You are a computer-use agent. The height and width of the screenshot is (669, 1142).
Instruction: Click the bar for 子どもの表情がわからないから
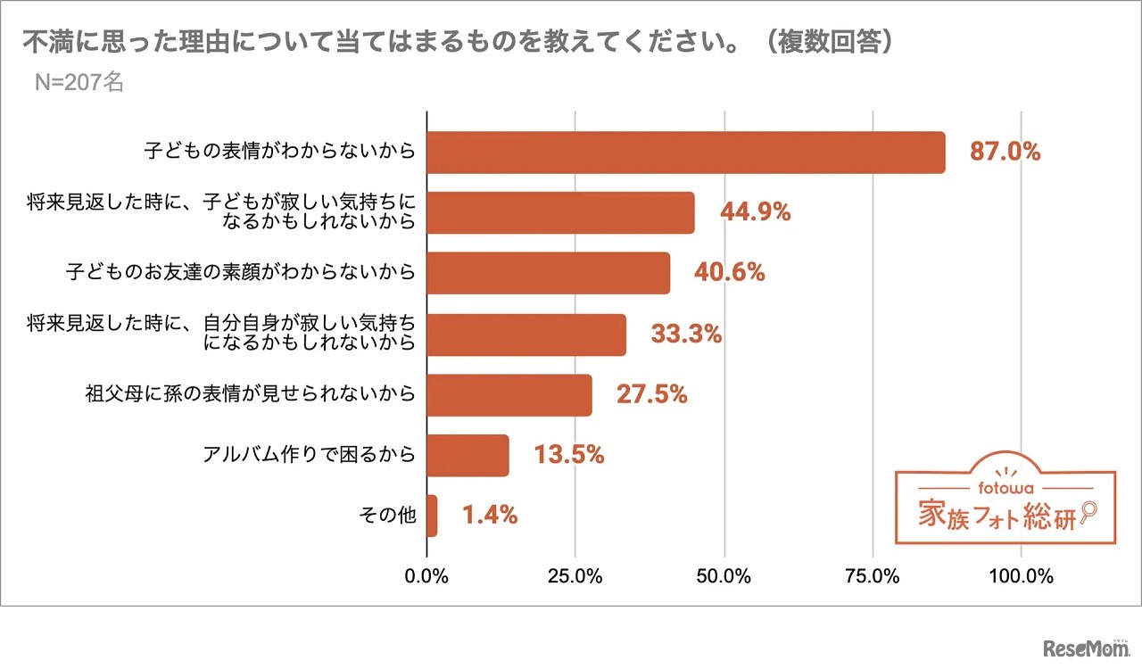[685, 153]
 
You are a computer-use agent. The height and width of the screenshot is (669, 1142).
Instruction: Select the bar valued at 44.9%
[560, 212]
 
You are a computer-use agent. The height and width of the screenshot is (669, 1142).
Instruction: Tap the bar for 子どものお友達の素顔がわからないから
[548, 273]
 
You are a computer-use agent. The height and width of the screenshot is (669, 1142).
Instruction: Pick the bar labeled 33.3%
[526, 334]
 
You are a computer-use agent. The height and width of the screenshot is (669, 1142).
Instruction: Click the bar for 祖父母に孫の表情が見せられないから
[509, 395]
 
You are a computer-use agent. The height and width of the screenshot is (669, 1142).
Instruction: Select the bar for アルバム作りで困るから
[468, 456]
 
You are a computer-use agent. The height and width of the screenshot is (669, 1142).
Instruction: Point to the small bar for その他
[433, 516]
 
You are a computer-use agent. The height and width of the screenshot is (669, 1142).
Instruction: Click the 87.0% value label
[1005, 152]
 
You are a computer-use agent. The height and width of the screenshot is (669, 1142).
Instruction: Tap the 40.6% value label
[730, 273]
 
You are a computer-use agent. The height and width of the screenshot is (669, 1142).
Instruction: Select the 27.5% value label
[651, 395]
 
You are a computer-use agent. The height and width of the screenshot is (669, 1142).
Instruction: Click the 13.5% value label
[569, 456]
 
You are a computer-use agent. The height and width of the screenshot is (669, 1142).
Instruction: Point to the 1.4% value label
[490, 516]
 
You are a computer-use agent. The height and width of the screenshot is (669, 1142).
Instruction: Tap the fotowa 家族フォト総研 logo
[1005, 506]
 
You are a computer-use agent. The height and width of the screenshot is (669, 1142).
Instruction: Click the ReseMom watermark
[1083, 647]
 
